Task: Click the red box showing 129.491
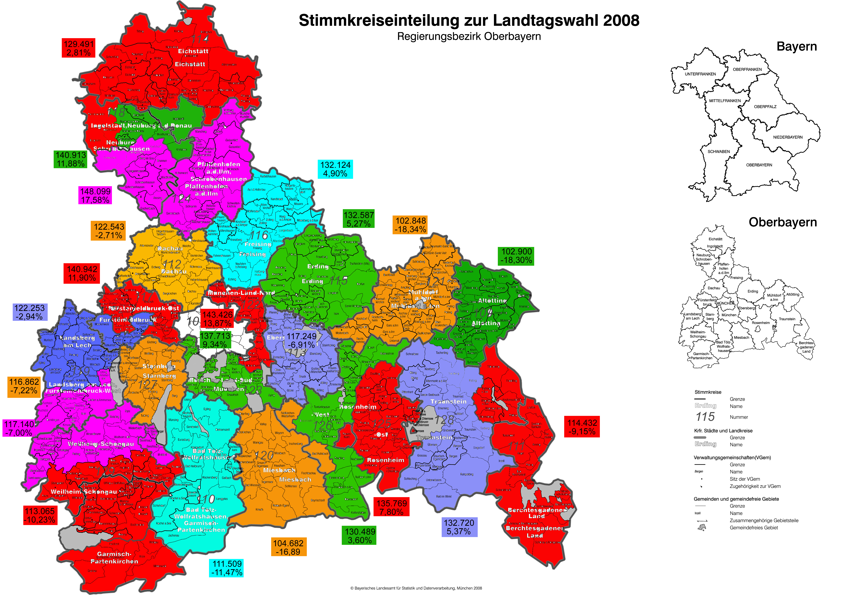79,48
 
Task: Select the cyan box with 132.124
335,169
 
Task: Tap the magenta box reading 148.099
95,195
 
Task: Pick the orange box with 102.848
411,225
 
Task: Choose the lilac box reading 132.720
459,527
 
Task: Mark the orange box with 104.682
289,547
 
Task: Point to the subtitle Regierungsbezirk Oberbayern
469,37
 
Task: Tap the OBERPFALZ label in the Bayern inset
765,107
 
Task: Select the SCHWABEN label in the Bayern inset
719,151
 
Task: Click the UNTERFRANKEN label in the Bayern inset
700,74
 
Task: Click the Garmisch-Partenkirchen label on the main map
114,558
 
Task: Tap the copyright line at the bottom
416,588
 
